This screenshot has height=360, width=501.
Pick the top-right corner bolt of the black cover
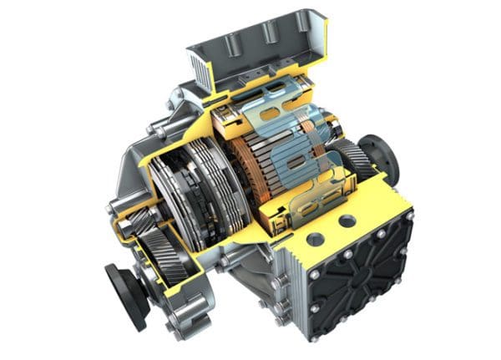[x=408, y=216]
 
